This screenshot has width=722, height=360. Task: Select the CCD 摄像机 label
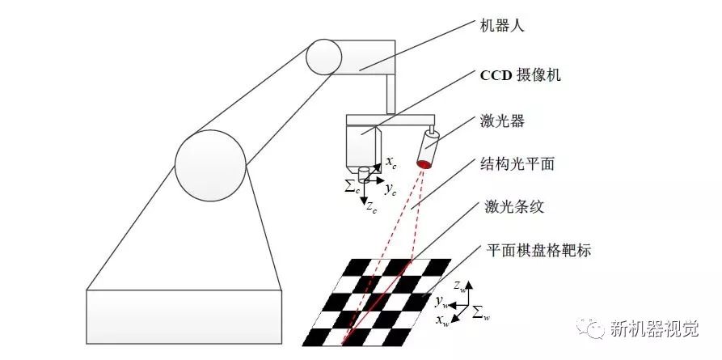521,75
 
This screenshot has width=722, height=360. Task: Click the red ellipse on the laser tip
424,165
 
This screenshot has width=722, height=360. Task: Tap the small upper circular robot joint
323,57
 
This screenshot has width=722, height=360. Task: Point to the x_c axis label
391,163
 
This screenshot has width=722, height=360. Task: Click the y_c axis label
391,189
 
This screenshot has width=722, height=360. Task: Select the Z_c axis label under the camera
370,208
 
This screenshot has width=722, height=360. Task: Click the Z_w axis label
459,284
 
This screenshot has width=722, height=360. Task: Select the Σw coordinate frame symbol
480,312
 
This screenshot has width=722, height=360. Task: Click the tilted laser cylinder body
429,149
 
